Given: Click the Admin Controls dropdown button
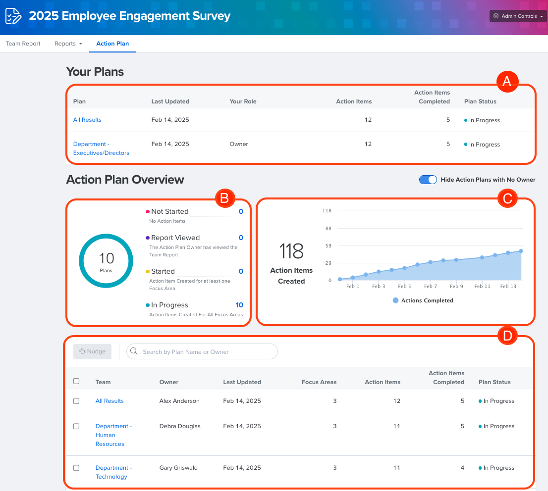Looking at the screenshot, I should [x=517, y=16].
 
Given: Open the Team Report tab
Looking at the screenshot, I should [x=23, y=44].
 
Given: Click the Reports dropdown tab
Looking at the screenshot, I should [x=68, y=44].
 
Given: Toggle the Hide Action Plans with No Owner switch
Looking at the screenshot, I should [x=428, y=180].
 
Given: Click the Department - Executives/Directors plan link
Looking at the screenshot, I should [x=101, y=148].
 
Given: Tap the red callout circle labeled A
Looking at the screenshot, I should [x=506, y=82].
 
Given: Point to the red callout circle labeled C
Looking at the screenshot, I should [x=506, y=198].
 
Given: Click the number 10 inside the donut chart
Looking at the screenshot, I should [x=106, y=258].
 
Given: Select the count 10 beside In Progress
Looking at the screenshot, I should [x=239, y=305].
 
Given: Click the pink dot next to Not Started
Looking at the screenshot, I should [x=148, y=212].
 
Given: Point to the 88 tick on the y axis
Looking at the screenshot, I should [x=327, y=228].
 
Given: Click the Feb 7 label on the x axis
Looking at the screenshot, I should [x=430, y=287].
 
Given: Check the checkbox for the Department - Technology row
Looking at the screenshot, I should [x=76, y=468].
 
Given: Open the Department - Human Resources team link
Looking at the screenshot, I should [x=113, y=435].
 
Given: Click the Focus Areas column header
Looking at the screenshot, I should [x=319, y=382].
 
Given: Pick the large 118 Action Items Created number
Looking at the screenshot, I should [x=291, y=251].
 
